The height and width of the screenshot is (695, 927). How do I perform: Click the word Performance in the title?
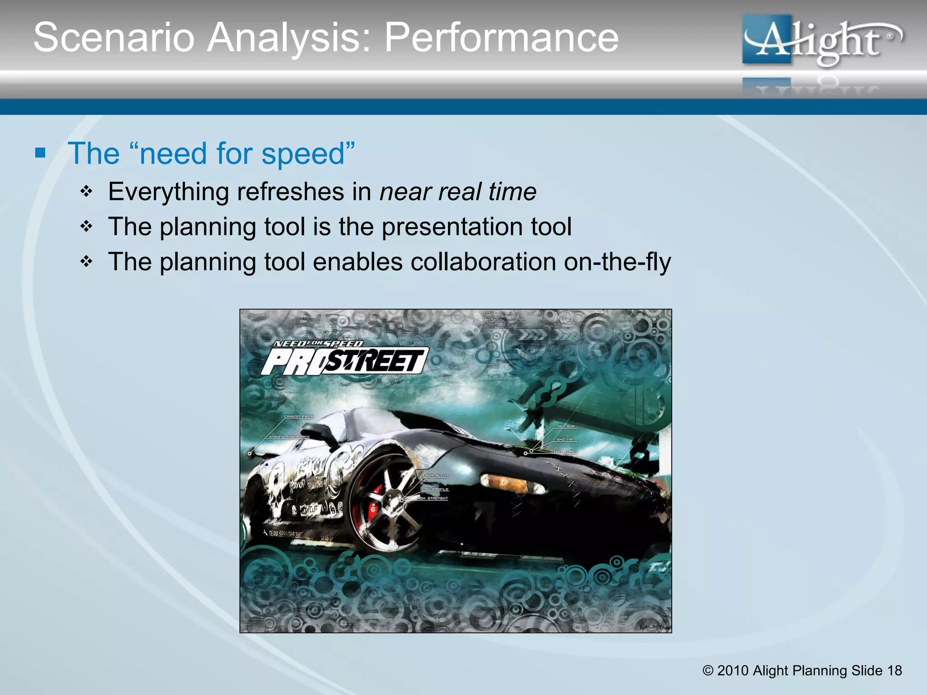coord(501,38)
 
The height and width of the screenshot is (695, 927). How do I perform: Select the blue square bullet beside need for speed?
coord(40,153)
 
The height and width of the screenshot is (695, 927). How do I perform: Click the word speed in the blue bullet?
coord(303,154)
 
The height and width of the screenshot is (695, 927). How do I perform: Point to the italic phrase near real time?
coord(458,191)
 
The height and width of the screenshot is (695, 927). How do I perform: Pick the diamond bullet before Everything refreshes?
coord(86,191)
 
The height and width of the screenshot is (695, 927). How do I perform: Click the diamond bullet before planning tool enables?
coord(86,262)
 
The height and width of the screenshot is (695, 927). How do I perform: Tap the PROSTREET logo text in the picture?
coord(344,362)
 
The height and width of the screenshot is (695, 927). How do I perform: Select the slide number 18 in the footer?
coord(894,671)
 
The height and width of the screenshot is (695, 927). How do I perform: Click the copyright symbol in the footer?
coord(707,671)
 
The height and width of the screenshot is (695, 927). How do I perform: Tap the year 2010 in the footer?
coord(732,671)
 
